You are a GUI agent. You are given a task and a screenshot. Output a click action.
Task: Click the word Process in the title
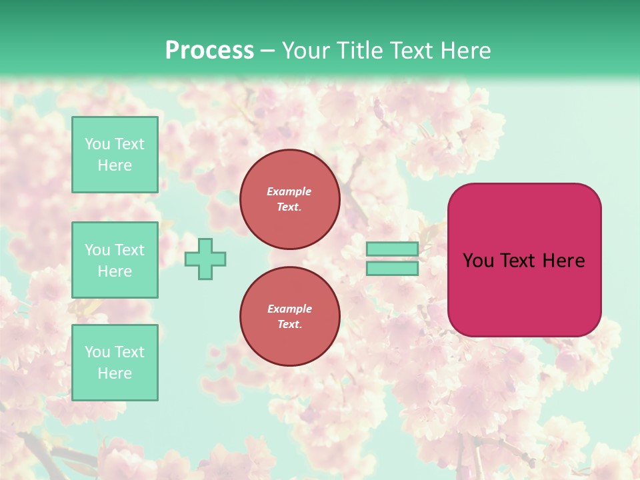point(209,51)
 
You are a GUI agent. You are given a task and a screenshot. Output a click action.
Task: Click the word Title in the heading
point(359,51)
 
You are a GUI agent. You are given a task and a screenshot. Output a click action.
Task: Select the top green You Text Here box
point(115,155)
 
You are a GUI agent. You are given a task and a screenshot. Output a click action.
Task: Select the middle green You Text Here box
point(115,260)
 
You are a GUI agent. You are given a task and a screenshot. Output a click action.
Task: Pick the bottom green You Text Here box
point(115,363)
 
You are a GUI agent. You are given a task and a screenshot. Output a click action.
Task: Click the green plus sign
point(205,259)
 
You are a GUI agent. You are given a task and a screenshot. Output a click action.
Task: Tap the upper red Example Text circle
point(289,199)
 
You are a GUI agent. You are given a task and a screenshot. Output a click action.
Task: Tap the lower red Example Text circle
point(289,316)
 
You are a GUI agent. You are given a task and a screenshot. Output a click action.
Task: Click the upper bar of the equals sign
point(392,249)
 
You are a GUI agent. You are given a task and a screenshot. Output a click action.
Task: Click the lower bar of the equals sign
point(392,268)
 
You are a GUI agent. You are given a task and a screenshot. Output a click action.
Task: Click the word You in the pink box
point(477,261)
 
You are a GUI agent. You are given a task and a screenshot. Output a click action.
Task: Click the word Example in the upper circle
point(289,191)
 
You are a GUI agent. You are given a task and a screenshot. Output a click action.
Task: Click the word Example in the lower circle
point(289,309)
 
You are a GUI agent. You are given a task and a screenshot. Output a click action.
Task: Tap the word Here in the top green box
point(115,165)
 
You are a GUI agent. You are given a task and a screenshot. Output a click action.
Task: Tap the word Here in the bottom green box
point(115,373)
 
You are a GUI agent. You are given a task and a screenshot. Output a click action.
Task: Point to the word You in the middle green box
point(97,250)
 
